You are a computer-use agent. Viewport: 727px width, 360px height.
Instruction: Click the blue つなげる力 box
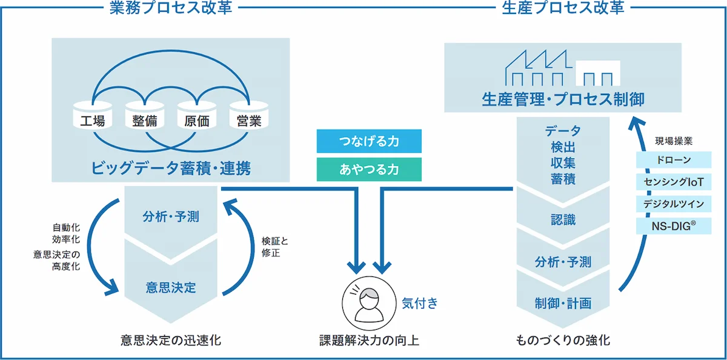369,142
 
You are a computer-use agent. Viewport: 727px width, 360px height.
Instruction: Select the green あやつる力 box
369,170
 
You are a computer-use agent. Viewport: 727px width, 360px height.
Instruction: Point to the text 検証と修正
274,246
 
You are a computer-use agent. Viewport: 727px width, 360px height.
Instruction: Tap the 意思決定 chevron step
171,287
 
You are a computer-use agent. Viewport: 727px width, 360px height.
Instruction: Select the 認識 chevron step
563,220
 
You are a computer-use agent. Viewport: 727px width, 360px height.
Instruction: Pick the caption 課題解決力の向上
369,340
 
